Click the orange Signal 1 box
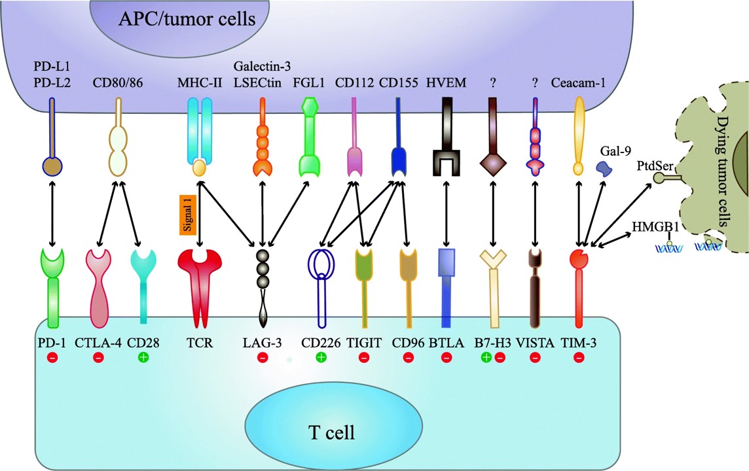189,214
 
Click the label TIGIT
363,341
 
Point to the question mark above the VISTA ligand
536,84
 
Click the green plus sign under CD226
321,357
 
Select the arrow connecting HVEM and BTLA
447,212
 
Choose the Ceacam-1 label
579,84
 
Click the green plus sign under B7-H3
486,357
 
